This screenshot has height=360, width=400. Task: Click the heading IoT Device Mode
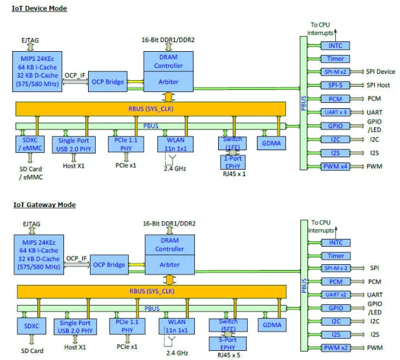[40, 8]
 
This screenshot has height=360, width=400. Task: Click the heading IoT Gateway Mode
[44, 205]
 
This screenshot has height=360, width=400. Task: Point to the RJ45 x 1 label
[234, 174]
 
